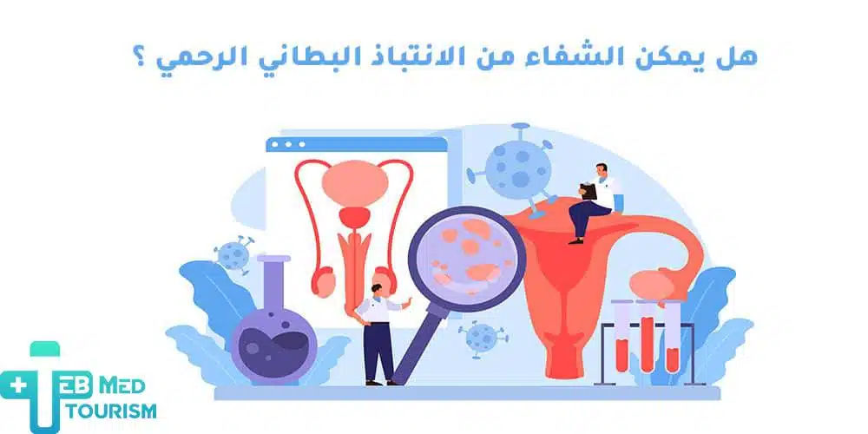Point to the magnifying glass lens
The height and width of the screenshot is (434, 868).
pyautogui.click(x=466, y=255)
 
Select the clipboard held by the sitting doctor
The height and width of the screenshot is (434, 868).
pyautogui.click(x=587, y=192)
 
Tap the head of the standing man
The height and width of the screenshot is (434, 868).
pyautogui.click(x=374, y=287)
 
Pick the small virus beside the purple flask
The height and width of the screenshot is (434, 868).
pyautogui.click(x=233, y=254)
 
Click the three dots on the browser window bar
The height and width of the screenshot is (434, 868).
pyautogui.click(x=288, y=144)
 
